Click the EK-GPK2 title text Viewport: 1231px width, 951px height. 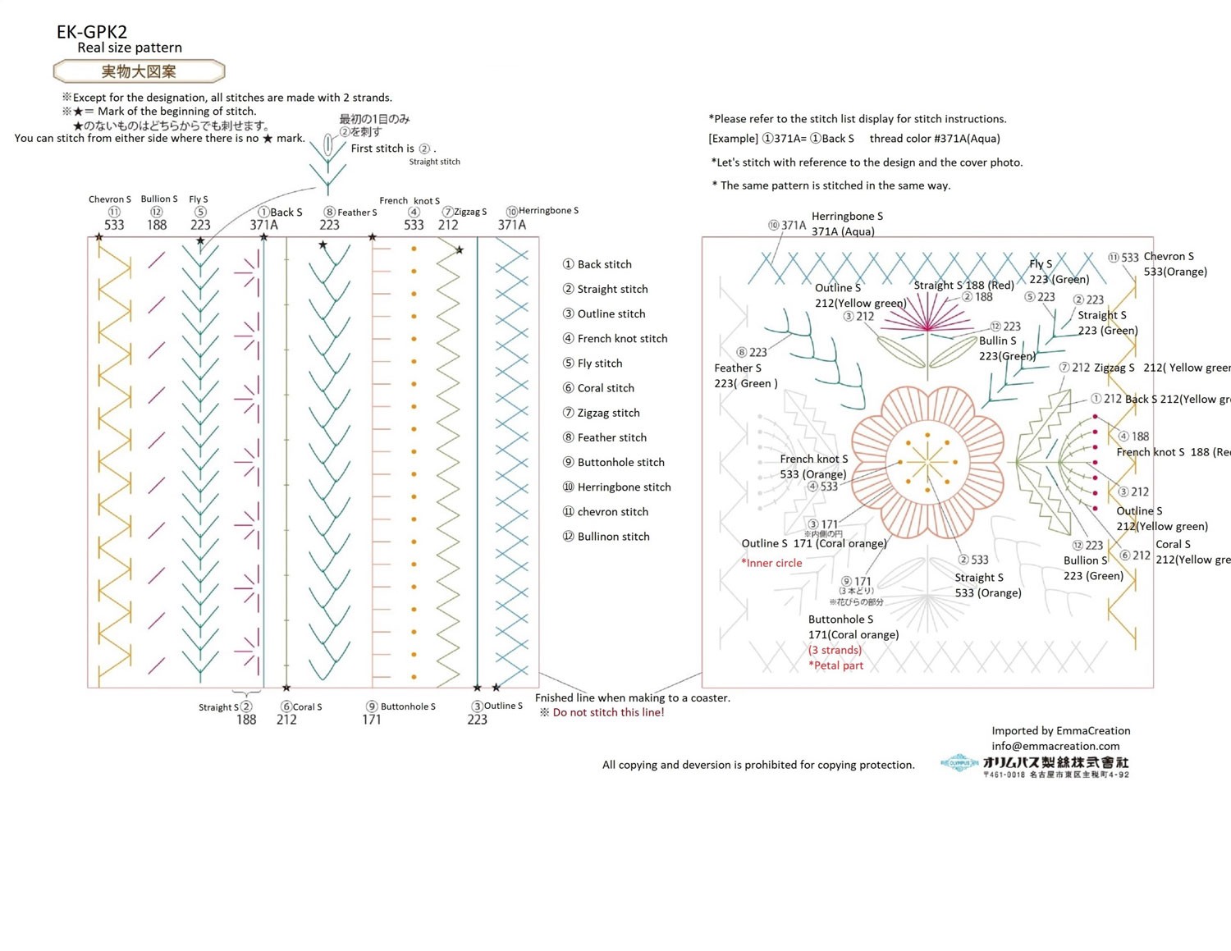[92, 32]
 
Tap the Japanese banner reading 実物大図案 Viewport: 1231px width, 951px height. [139, 71]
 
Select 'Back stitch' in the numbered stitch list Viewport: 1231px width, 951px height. [604, 264]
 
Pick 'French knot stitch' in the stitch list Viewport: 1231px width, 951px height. [622, 338]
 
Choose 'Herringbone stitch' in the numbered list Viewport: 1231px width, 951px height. [624, 487]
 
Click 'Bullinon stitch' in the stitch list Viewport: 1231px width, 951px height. [613, 536]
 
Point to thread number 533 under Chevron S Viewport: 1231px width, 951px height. [114, 225]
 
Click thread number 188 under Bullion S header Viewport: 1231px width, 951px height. [157, 225]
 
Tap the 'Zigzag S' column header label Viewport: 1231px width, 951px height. [469, 212]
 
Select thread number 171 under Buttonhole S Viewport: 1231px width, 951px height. [372, 720]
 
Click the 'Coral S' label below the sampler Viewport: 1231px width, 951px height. [307, 706]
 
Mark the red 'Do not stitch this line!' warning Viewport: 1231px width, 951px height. [608, 712]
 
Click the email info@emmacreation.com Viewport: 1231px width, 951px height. [1055, 746]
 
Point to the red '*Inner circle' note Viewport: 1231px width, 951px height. [771, 563]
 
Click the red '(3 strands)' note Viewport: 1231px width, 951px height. [835, 650]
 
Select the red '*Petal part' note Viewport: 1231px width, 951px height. [835, 665]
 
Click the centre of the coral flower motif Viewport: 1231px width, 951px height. [928, 463]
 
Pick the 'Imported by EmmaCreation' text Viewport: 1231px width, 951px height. [1060, 730]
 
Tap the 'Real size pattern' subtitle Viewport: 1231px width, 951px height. [130, 48]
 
